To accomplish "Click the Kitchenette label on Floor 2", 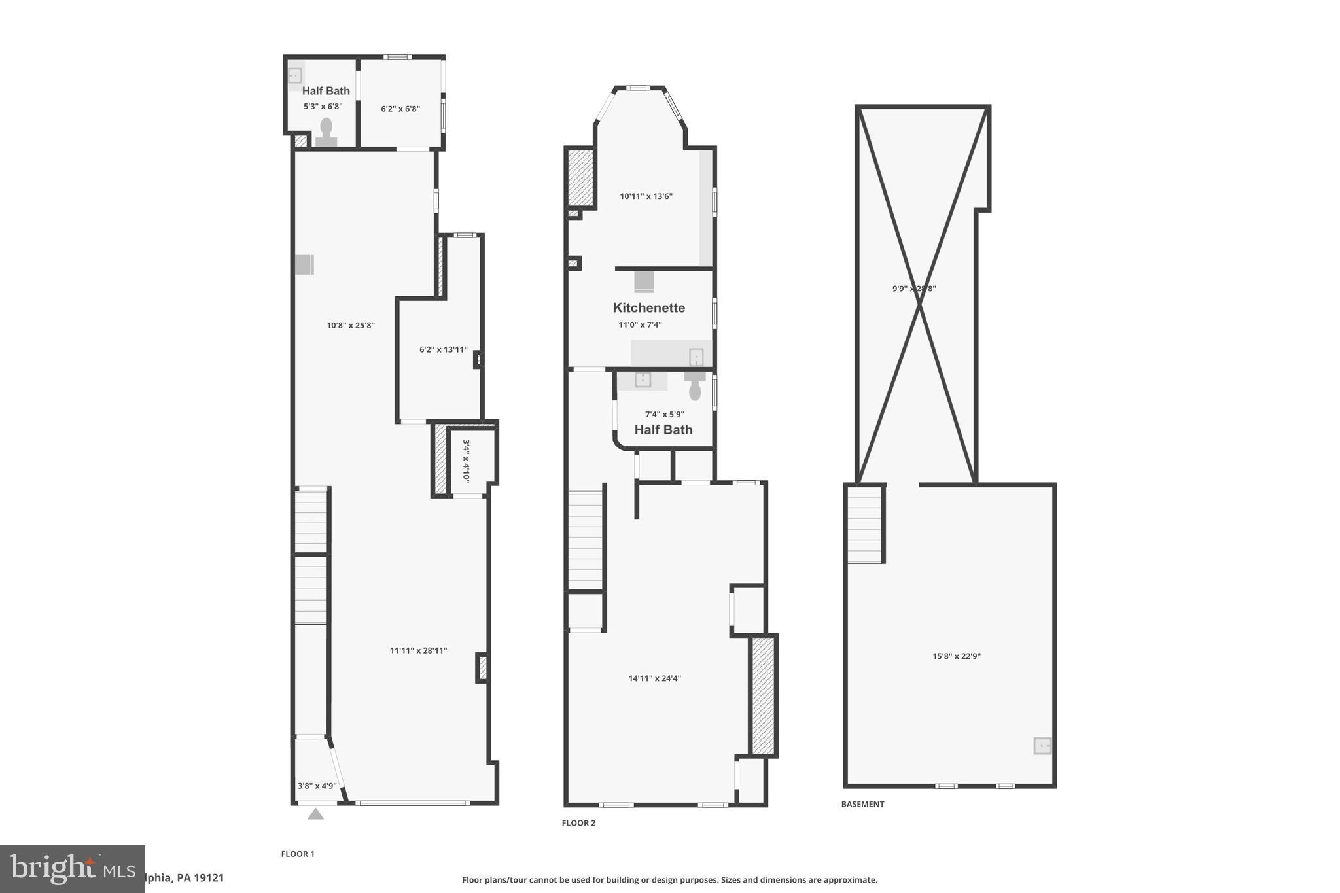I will (x=648, y=307).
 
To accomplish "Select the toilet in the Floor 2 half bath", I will (x=695, y=388).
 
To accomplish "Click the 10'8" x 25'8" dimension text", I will (x=351, y=325).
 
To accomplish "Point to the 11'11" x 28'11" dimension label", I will (x=418, y=650).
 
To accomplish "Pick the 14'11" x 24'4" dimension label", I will (x=654, y=678).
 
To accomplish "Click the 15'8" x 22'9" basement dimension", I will (x=956, y=656).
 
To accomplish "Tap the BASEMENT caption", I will (x=862, y=804).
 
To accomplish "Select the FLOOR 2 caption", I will (x=578, y=823).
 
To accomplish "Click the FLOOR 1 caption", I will (x=298, y=854).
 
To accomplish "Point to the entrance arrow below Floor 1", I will (x=315, y=814).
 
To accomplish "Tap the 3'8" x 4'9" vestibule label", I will (x=317, y=786).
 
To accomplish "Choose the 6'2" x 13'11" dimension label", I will (x=443, y=349).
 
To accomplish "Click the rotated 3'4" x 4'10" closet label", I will (x=466, y=460).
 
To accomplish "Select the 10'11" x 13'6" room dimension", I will (x=646, y=196).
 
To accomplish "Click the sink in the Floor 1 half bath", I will (x=295, y=75).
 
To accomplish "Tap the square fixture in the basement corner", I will (x=1042, y=745).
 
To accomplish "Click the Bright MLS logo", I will (x=72, y=869).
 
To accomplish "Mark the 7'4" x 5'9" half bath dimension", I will (x=664, y=414).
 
